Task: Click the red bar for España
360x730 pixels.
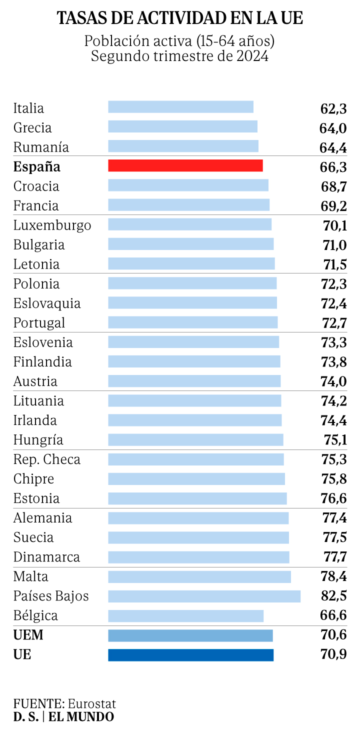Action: [185, 166]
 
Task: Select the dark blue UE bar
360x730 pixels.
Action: [190, 654]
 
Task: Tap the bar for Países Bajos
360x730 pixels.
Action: [204, 596]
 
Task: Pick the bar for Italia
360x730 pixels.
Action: [180, 107]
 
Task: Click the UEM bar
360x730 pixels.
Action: [190, 635]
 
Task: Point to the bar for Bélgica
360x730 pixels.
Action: [185, 615]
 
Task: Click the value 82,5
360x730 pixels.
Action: [334, 596]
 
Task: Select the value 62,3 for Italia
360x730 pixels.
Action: [333, 108]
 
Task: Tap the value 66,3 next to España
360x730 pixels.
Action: [333, 166]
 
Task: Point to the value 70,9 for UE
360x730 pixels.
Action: [333, 654]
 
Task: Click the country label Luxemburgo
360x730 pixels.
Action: [52, 225]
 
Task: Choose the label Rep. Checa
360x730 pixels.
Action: [46, 459]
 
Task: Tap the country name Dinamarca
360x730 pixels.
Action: [46, 557]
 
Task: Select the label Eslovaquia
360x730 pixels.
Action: [46, 303]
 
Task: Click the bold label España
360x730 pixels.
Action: [36, 166]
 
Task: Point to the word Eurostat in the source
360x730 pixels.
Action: [92, 703]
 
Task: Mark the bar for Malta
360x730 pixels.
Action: [199, 576]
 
